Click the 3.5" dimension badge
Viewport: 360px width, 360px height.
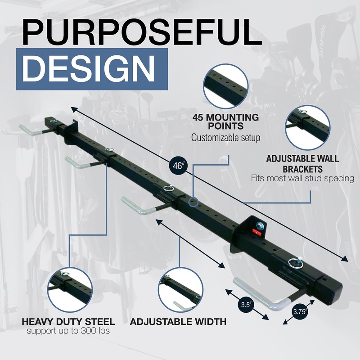click(246, 305)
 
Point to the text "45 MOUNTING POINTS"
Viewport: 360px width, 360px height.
click(225, 121)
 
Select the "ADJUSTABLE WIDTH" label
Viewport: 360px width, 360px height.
click(178, 322)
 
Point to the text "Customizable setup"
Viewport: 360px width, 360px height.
click(225, 138)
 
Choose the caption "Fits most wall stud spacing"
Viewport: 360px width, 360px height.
click(302, 179)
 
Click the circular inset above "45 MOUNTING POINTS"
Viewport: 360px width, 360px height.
click(225, 86)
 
